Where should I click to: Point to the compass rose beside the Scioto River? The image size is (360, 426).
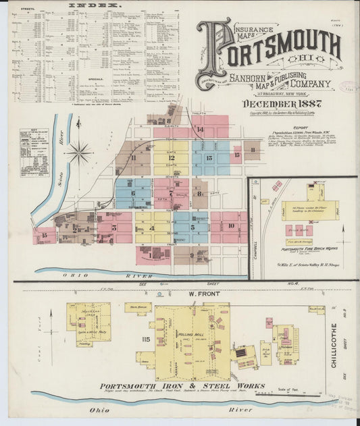pos(79,153)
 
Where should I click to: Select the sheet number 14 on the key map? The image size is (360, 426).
pos(199,128)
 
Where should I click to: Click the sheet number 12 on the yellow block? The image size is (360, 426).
pos(171,158)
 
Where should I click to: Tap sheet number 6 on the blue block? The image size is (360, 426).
pos(133,194)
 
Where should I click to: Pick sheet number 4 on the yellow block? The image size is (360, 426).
pos(152,228)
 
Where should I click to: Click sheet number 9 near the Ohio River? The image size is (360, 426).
pos(192,255)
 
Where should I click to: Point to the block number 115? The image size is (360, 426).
pos(145,338)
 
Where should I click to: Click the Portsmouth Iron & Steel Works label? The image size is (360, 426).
pos(168,385)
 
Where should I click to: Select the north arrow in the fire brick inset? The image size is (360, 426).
pos(344,236)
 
